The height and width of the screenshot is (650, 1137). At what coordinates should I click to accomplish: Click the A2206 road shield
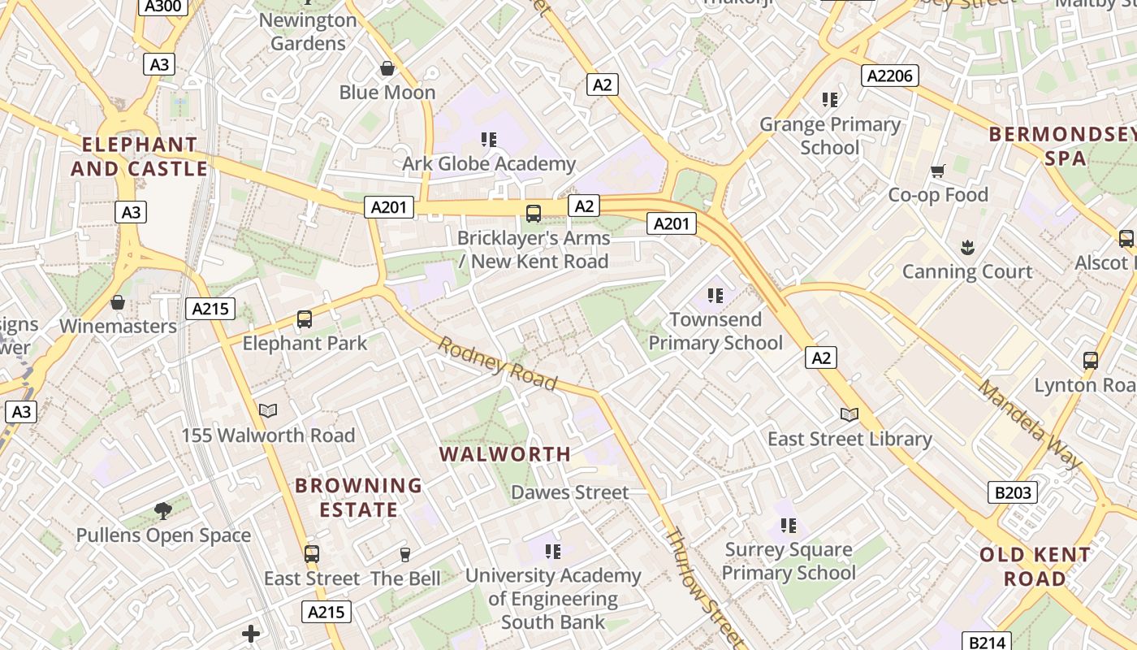[890, 76]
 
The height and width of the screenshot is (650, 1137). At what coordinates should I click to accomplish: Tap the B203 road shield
[1013, 492]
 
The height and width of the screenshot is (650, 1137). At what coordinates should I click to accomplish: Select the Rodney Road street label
[498, 363]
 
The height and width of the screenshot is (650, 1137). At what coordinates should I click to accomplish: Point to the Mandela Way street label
[1030, 424]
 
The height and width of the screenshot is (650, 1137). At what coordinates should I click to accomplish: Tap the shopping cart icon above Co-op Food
[938, 171]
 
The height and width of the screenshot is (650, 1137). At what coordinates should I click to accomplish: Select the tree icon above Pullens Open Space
[163, 510]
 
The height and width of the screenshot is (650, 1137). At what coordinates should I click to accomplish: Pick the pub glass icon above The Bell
[405, 554]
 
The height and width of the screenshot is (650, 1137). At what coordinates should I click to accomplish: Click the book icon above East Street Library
[850, 414]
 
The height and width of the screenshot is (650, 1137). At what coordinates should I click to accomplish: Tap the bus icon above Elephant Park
[305, 318]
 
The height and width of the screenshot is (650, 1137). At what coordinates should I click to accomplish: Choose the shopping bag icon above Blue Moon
[387, 68]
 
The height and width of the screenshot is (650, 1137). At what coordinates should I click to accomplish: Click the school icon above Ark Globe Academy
[488, 140]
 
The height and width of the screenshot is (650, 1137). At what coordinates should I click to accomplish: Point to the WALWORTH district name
[505, 454]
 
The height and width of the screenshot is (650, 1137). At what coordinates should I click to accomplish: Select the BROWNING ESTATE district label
[358, 497]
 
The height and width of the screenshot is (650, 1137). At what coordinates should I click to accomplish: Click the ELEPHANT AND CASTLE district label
[139, 157]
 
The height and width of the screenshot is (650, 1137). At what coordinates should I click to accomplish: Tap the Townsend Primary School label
[715, 331]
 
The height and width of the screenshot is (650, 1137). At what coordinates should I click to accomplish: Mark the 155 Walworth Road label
[268, 435]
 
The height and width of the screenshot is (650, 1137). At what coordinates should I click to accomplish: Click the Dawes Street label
[569, 492]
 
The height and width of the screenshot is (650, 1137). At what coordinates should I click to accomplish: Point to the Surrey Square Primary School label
[788, 561]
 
